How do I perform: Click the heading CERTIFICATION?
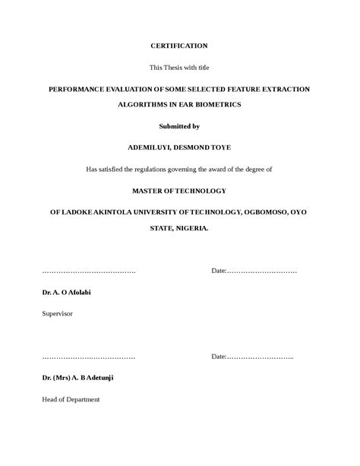pyautogui.click(x=179, y=46)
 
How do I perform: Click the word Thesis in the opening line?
pyautogui.click(x=171, y=68)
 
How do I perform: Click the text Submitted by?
pyautogui.click(x=179, y=125)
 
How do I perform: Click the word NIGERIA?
pyautogui.click(x=191, y=227)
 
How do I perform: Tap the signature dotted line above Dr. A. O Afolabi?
pyautogui.click(x=88, y=271)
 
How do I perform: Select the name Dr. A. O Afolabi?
pyautogui.click(x=66, y=293)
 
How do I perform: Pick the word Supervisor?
pyautogui.click(x=58, y=313)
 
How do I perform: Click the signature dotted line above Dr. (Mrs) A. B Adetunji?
pyautogui.click(x=88, y=357)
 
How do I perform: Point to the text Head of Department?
pyautogui.click(x=71, y=399)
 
